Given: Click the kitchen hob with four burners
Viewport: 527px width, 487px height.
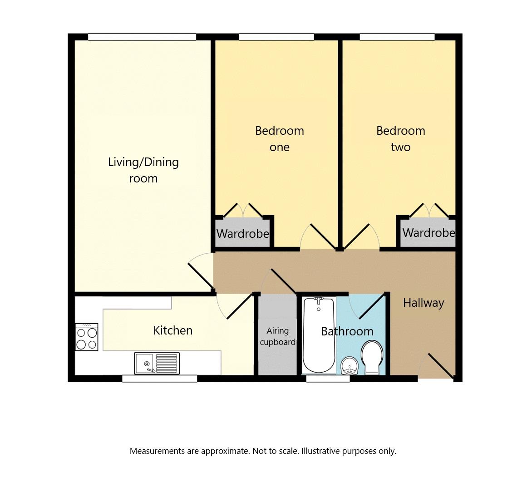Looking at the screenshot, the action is pyautogui.click(x=87, y=337).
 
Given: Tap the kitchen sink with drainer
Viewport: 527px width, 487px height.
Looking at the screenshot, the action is pyautogui.click(x=157, y=363).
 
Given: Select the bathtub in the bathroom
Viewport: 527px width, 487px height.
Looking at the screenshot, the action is pyautogui.click(x=319, y=335).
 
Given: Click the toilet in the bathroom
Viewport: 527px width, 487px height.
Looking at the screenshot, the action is pyautogui.click(x=372, y=358).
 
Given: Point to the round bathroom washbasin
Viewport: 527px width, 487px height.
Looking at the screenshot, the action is pyautogui.click(x=350, y=366).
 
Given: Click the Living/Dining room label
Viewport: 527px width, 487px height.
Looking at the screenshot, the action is pyautogui.click(x=143, y=170).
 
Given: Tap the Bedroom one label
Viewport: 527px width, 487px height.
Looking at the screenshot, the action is pyautogui.click(x=279, y=138).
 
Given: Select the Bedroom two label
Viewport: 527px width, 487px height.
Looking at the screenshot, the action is pyautogui.click(x=401, y=138).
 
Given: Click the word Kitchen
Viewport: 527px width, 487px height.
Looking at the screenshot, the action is pyautogui.click(x=173, y=330).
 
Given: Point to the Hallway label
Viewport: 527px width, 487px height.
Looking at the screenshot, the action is pyautogui.click(x=424, y=303).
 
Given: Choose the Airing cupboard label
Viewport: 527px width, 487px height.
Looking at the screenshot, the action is pyautogui.click(x=278, y=336).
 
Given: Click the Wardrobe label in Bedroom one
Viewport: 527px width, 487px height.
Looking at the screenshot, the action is pyautogui.click(x=243, y=234).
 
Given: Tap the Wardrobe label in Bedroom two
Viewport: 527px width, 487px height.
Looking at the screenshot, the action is pyautogui.click(x=429, y=232).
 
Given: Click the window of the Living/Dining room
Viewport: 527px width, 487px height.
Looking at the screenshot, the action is pyautogui.click(x=142, y=37).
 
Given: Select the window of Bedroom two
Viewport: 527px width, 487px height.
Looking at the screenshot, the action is pyautogui.click(x=397, y=37).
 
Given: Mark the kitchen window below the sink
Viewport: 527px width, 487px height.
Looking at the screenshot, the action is pyautogui.click(x=159, y=379).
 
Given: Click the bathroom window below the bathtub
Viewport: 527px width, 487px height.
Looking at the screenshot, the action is pyautogui.click(x=328, y=379).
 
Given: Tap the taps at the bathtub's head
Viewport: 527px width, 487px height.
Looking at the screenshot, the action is pyautogui.click(x=318, y=300).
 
